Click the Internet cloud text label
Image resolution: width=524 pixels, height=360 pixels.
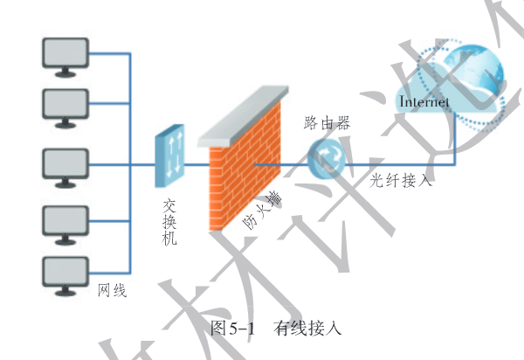pyautogui.click(x=424, y=103)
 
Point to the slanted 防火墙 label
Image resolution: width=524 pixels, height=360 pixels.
pyautogui.click(x=263, y=211)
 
